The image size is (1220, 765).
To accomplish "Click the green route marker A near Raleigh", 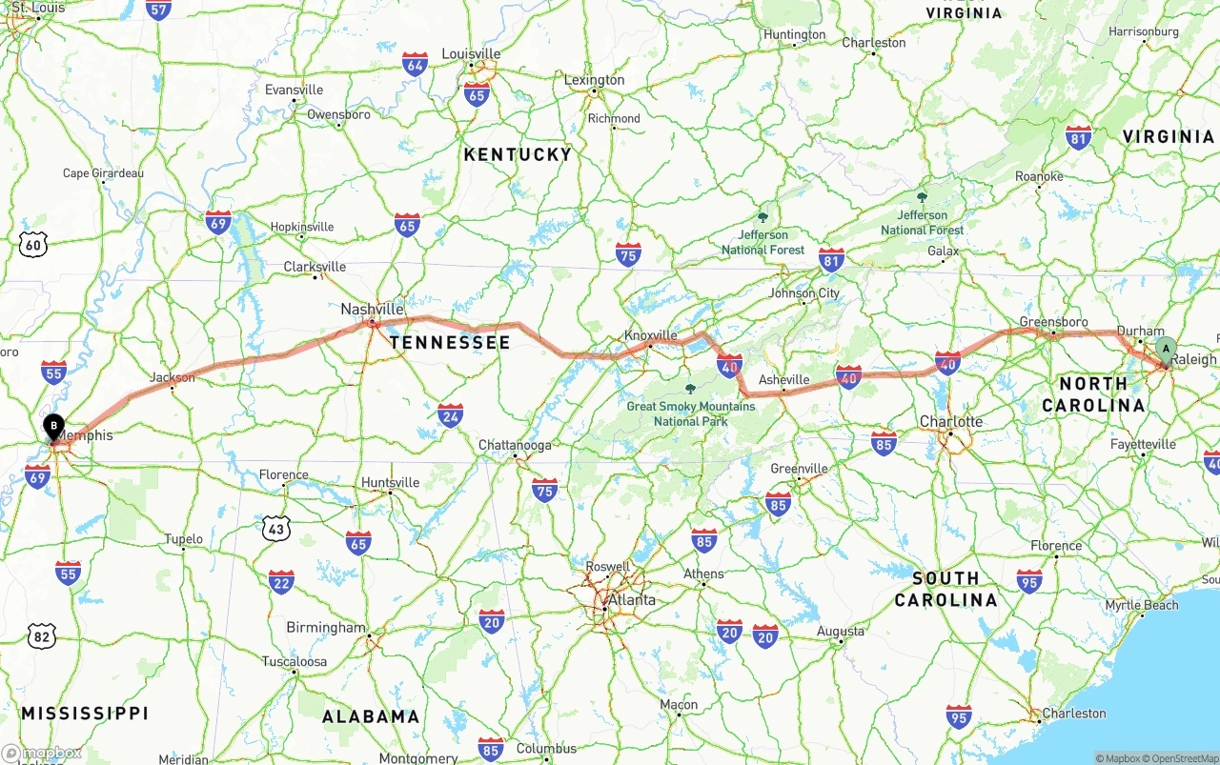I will [1165, 350].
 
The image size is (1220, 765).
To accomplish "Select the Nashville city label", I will [372, 310].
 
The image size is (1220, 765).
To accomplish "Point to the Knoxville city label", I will [651, 335].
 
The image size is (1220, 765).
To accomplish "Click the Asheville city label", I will [783, 380].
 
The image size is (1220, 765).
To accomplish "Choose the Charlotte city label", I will [951, 421].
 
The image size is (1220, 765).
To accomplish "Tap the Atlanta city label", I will [632, 600].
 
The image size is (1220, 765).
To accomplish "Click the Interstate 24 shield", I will [451, 414].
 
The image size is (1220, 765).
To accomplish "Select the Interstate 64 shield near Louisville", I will [415, 65].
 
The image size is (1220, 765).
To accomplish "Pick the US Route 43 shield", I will [276, 527].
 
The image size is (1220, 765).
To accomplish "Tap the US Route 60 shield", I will [33, 245].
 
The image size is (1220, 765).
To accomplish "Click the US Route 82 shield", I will [41, 635].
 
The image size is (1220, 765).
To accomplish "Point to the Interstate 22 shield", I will [281, 582].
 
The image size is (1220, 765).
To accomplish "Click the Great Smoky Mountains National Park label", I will [691, 413].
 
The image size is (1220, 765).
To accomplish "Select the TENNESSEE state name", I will [450, 342].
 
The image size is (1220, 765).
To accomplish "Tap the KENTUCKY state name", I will [518, 154].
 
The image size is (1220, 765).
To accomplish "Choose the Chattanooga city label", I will [515, 445].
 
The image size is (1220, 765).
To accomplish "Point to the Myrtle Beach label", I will [1142, 606].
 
